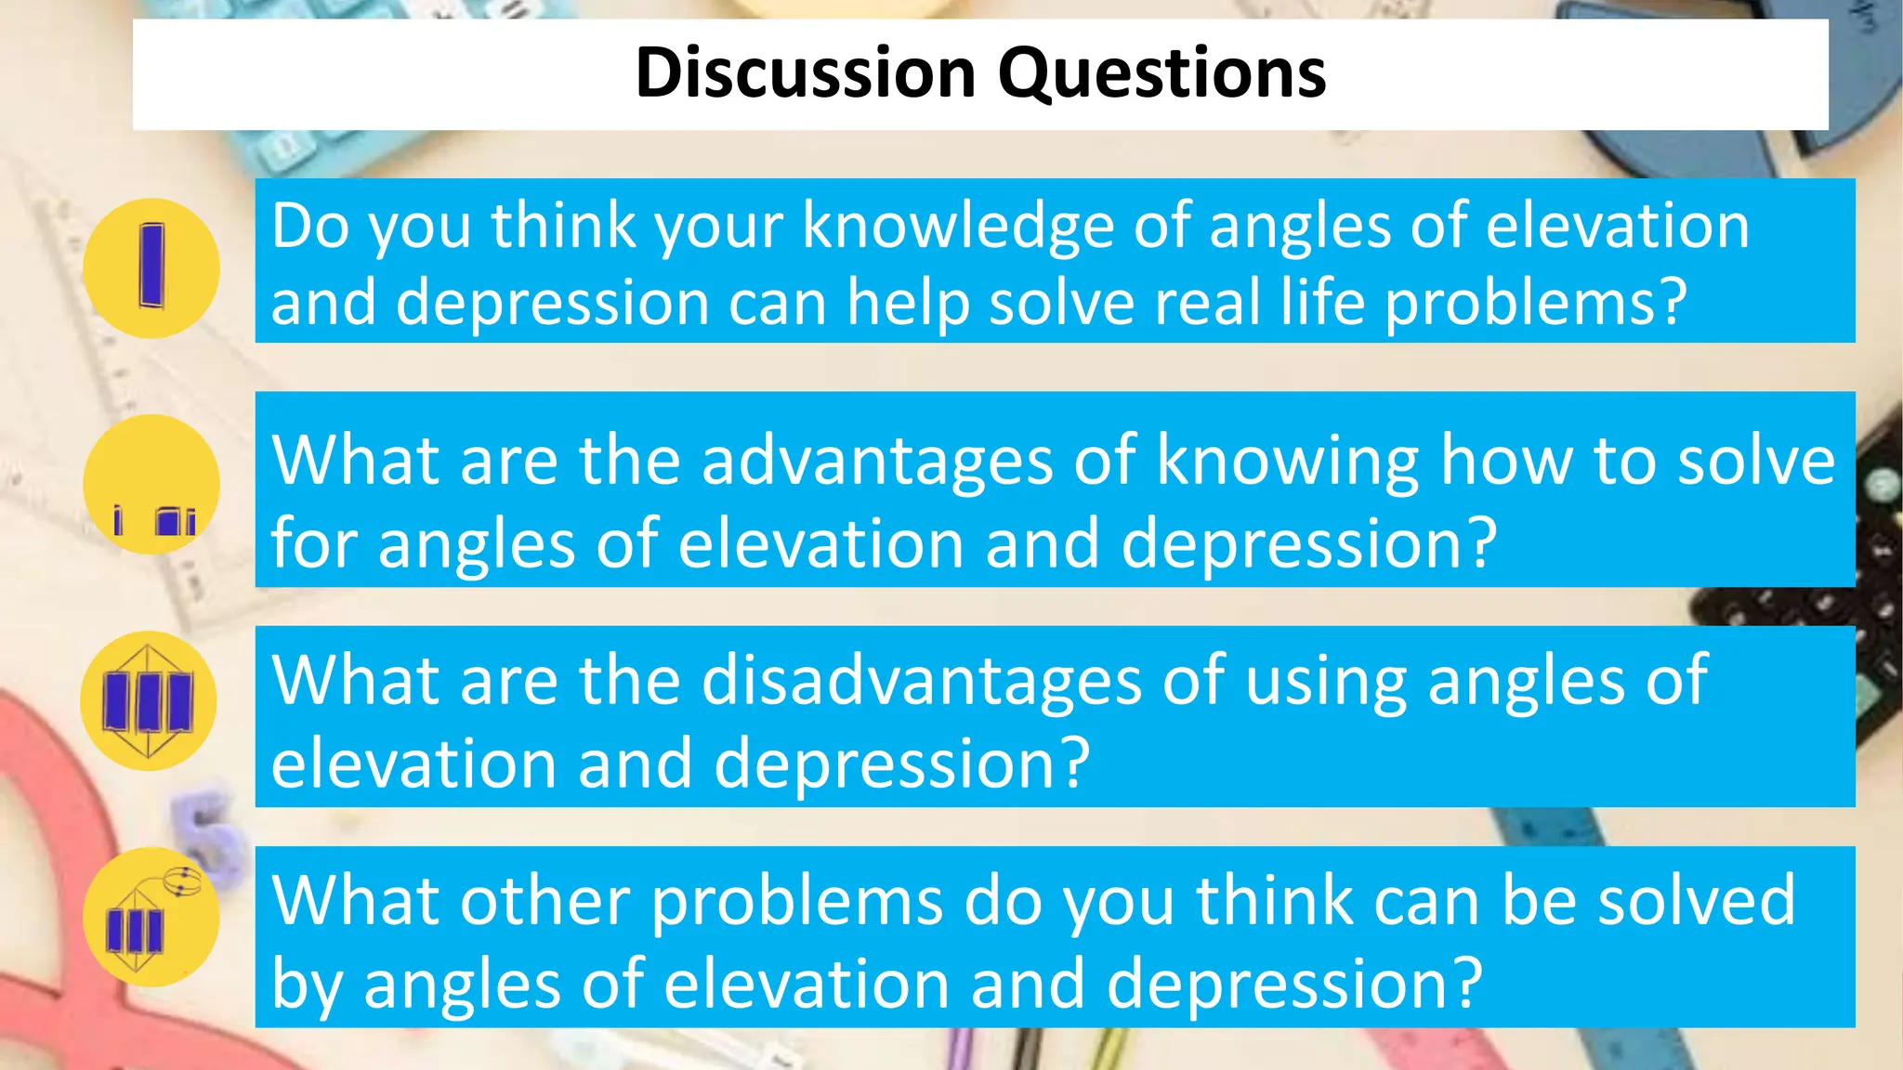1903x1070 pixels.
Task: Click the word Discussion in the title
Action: [805, 73]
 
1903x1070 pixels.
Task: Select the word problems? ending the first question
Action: [1535, 305]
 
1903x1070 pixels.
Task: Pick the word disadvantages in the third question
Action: [921, 681]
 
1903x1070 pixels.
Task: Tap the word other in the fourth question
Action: [546, 901]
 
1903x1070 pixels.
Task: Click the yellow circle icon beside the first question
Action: [151, 267]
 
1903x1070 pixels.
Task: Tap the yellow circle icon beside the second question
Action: [151, 484]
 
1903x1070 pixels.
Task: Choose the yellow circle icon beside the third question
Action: [149, 700]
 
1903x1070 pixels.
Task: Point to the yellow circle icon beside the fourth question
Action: [151, 917]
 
